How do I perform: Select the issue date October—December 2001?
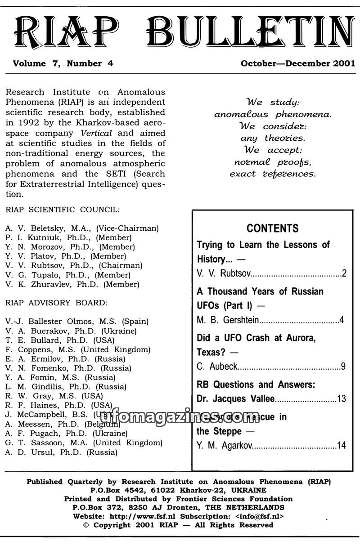(x=298, y=63)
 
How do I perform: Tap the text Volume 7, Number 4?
(x=63, y=63)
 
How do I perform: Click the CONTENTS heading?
(x=272, y=228)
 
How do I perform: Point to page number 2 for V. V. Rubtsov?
(x=344, y=273)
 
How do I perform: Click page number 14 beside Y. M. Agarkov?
(x=342, y=446)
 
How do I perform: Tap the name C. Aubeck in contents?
(x=217, y=367)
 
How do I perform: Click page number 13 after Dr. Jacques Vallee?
(x=342, y=399)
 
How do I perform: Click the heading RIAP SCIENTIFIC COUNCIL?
(x=63, y=210)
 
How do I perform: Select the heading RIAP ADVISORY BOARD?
(x=57, y=303)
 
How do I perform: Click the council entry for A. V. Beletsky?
(x=82, y=228)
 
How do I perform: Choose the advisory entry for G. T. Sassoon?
(x=84, y=443)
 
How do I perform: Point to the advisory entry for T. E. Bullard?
(x=60, y=340)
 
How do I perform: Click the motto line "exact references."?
(x=273, y=173)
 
